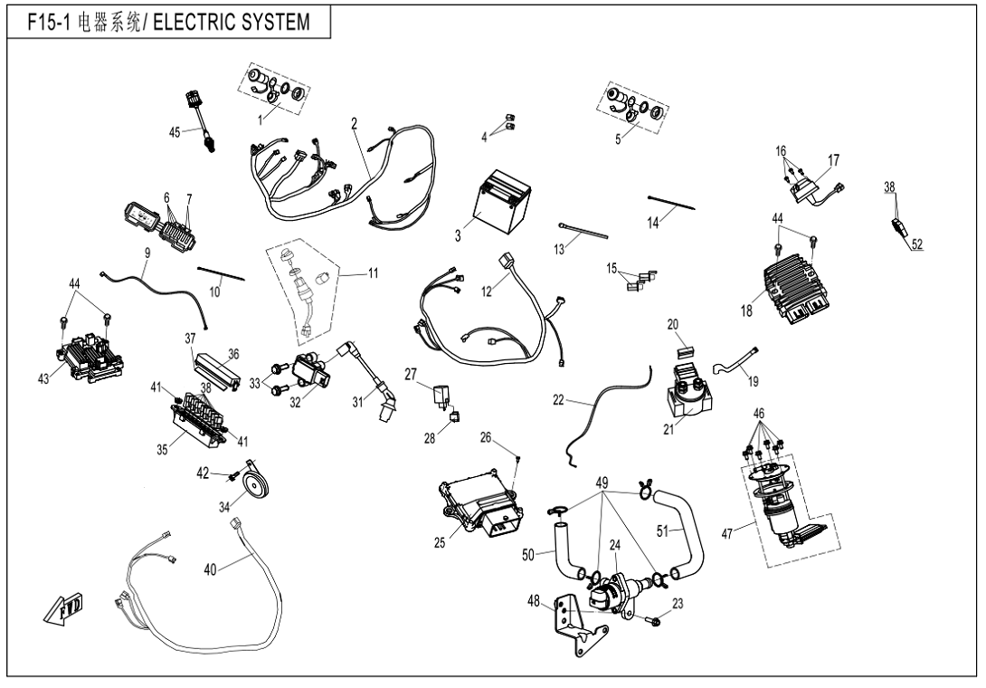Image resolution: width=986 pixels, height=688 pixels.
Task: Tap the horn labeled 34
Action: point(257,484)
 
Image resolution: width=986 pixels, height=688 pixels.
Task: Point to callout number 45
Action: point(175,132)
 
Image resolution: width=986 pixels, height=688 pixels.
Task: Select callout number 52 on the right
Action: point(917,244)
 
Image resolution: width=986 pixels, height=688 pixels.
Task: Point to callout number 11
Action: point(373,273)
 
